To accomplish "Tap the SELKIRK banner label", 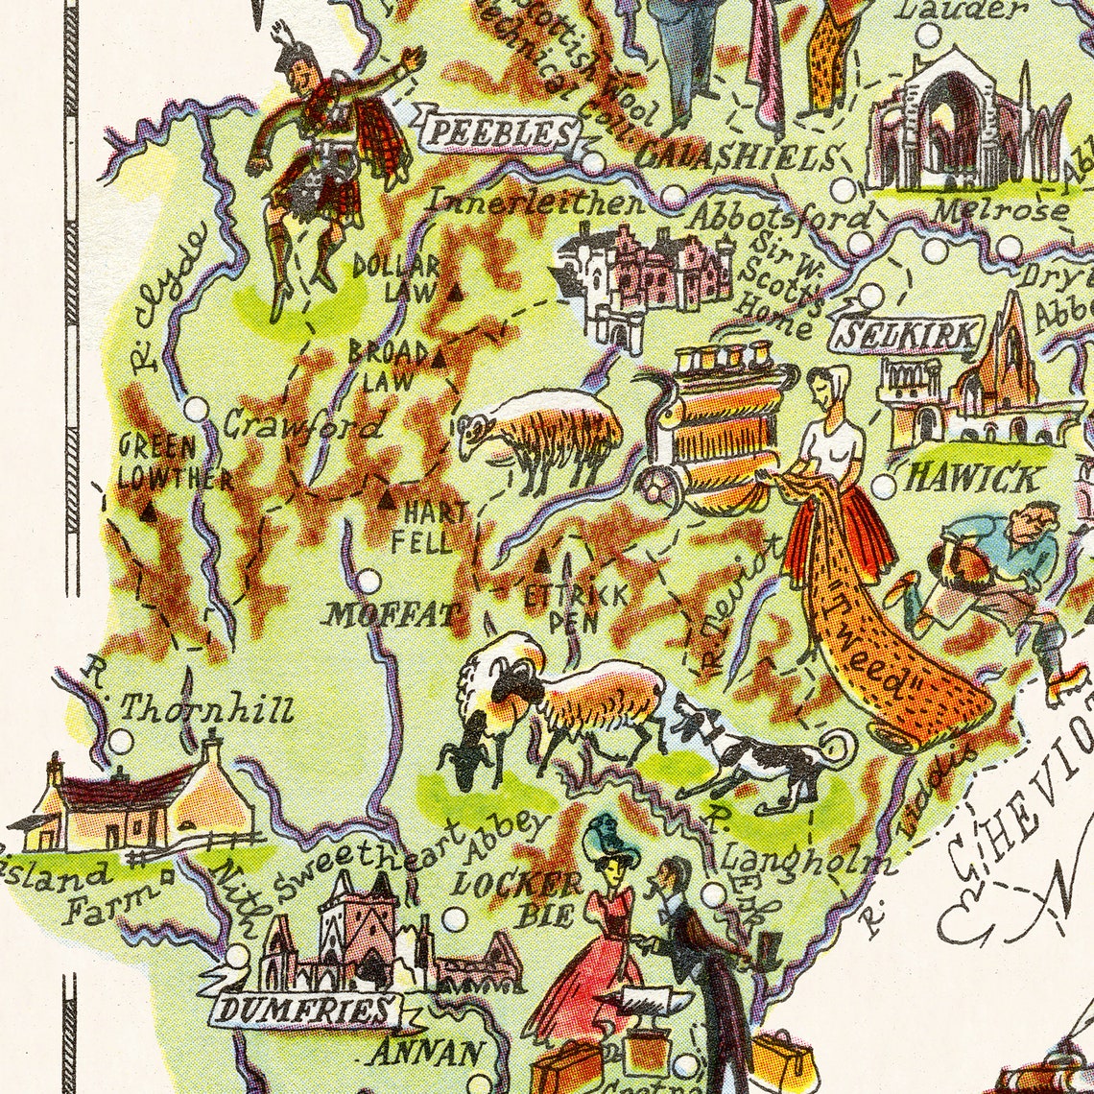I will pos(908,335).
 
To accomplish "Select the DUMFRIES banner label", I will pos(305,1010).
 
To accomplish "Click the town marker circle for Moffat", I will pos(369,581).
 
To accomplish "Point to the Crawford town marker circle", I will pos(196,409).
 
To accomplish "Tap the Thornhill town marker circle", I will pos(121,741).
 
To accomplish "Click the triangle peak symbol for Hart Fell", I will pos(386,499).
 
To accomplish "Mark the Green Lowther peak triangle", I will pos(148,512).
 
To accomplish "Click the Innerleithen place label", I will pos(535,203).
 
